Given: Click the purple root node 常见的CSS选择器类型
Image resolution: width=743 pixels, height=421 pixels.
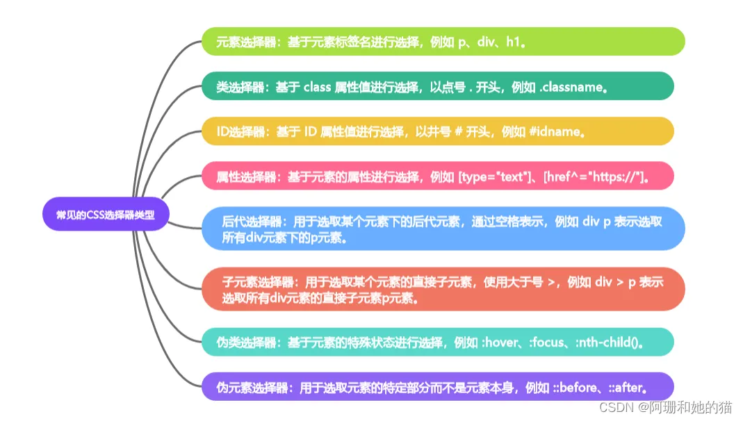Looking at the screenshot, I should click(106, 215).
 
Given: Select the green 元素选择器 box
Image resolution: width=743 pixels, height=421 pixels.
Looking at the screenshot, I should click(443, 42).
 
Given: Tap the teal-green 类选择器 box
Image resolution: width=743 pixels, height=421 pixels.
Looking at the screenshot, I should click(437, 86).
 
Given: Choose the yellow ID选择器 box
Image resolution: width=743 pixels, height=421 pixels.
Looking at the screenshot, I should click(437, 131).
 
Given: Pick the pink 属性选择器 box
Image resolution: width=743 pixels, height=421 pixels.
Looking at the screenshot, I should click(437, 176).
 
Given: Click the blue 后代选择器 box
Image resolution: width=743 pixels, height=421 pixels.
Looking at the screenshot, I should click(443, 229).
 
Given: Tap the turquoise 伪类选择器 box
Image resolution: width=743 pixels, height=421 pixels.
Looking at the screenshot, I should click(437, 342).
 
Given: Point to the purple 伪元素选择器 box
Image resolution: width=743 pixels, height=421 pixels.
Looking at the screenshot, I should click(437, 387).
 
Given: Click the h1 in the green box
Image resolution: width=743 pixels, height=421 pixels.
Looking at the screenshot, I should click(513, 42).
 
